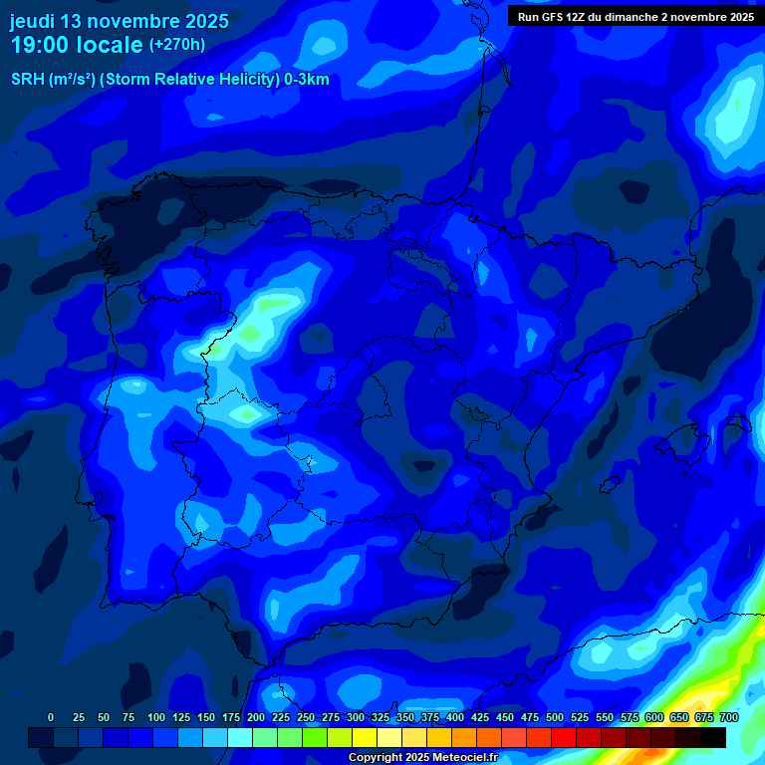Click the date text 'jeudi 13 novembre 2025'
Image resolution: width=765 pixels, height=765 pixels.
[x=120, y=21]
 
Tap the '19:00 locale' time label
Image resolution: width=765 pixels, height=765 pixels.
[x=77, y=45]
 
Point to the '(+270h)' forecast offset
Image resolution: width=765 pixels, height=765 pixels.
[x=176, y=45]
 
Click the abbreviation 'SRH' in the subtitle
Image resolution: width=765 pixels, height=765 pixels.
[x=28, y=80]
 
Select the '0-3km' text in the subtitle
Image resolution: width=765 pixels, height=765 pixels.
[x=306, y=80]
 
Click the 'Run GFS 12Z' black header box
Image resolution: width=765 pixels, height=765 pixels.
[x=636, y=16]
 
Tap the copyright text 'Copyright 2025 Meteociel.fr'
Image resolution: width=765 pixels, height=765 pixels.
[x=421, y=758]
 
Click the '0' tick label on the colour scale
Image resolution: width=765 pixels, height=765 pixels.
[x=51, y=717]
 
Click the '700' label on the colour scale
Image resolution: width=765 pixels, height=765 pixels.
[x=729, y=717]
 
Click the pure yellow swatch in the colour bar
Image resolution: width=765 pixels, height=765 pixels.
[x=365, y=738]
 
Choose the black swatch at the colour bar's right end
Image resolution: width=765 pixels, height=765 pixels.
[x=713, y=738]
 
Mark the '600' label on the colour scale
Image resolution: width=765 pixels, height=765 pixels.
[x=654, y=717]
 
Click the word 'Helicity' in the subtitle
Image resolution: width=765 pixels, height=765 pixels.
[x=247, y=80]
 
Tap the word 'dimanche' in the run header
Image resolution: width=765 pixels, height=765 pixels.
[x=634, y=16]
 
